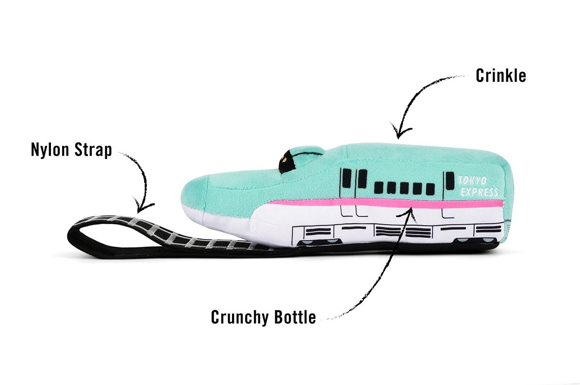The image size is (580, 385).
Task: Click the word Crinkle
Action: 500,76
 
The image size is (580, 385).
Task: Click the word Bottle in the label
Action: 293,317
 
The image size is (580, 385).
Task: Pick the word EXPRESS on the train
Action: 479,192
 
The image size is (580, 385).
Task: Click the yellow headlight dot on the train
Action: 285,158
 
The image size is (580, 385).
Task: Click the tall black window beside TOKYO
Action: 450,181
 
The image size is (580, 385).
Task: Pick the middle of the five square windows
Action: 404,188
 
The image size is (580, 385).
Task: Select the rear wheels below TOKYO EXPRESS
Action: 468,241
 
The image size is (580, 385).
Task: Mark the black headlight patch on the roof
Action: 287,162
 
